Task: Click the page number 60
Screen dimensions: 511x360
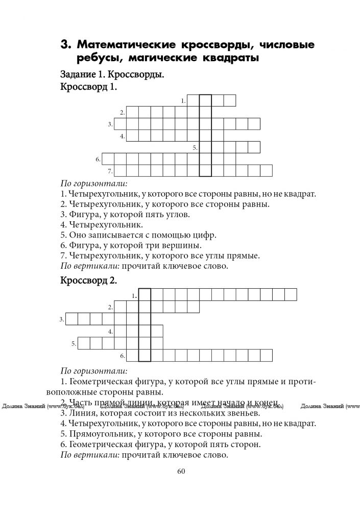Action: coord(180,471)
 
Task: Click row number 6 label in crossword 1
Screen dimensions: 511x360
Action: coord(98,159)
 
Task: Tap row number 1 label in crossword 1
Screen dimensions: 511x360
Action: coord(183,101)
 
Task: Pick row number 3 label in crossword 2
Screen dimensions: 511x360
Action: coord(61,319)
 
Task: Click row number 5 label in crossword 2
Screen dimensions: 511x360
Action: coord(74,343)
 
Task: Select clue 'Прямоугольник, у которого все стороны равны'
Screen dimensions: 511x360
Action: coord(161,434)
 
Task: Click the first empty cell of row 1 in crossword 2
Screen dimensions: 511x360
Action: coord(145,295)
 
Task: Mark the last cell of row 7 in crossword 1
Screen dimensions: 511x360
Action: coord(266,171)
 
